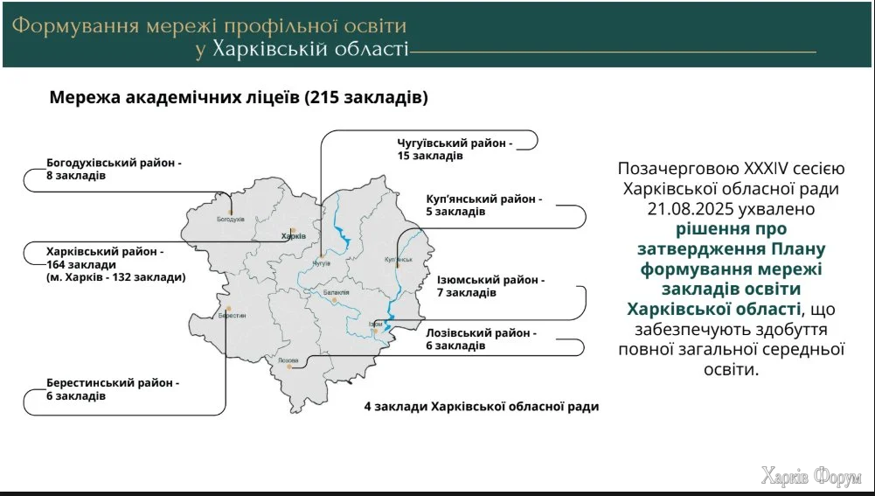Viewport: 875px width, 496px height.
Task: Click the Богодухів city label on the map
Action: click(230, 220)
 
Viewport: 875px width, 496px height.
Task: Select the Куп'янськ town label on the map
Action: click(397, 260)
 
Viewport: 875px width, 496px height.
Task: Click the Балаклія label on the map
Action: click(336, 292)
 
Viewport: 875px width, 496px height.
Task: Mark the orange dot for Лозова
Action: click(290, 367)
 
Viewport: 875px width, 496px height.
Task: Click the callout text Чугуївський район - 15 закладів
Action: click(454, 149)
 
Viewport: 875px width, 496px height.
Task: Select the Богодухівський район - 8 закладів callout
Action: click(114, 169)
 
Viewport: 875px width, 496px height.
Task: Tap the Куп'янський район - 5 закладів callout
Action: click(484, 206)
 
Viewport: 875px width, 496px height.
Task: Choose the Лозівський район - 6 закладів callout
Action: click(481, 339)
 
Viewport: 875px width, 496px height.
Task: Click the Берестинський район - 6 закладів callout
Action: click(113, 390)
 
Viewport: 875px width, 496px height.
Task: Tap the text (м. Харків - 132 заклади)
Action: click(115, 277)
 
